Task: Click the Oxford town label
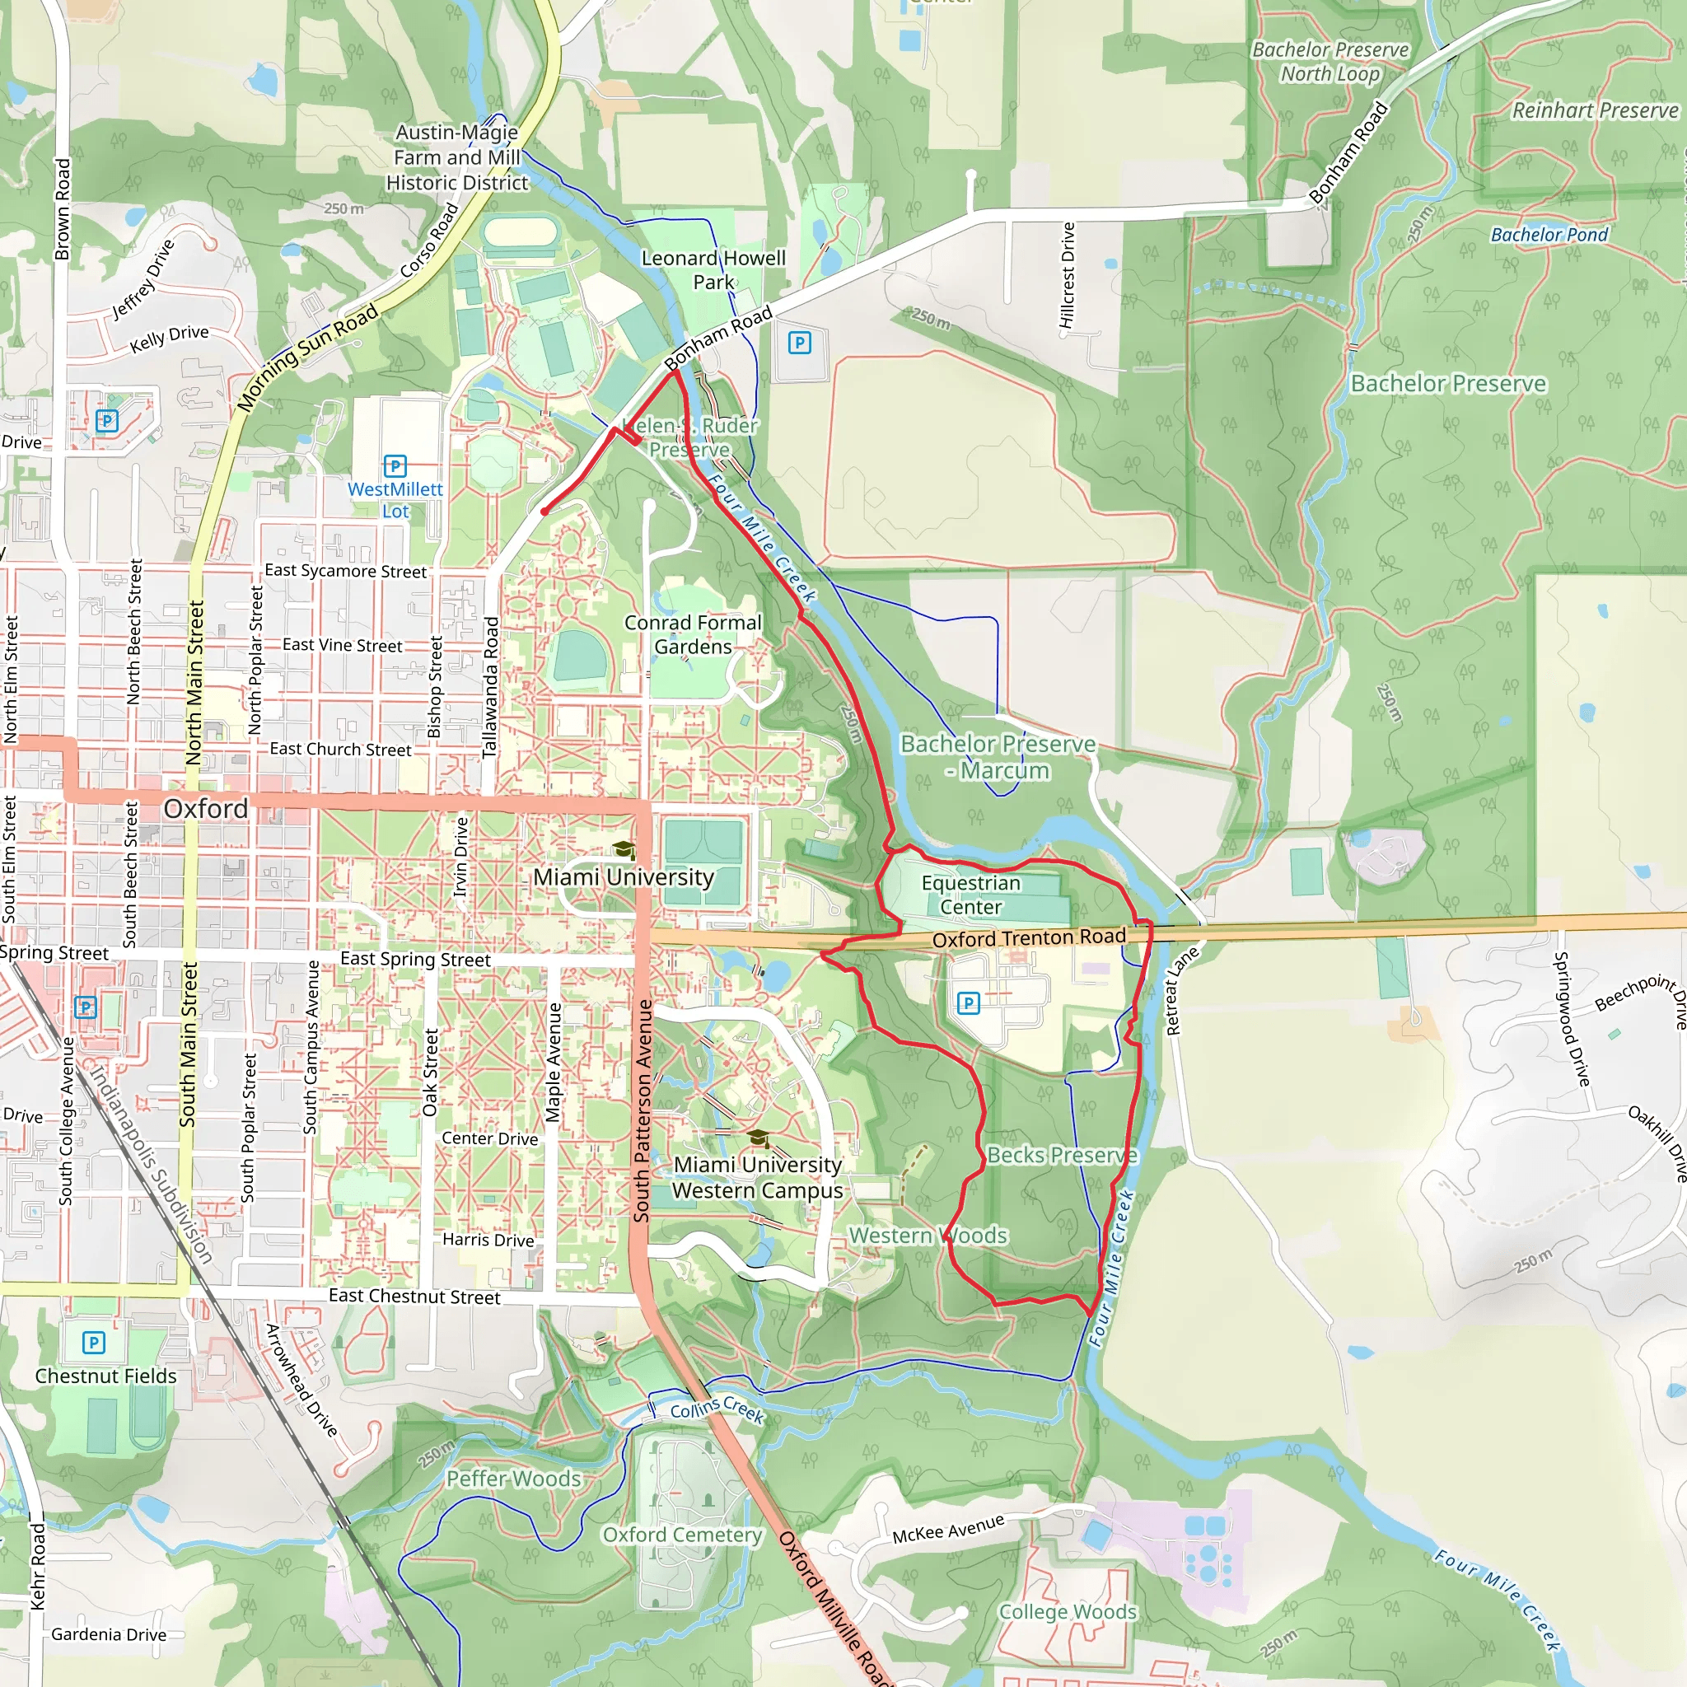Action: click(206, 809)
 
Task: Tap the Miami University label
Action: click(624, 876)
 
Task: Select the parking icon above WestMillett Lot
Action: click(395, 465)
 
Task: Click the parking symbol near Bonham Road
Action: click(799, 343)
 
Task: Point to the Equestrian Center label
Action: click(971, 894)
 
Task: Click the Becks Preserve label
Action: click(1062, 1155)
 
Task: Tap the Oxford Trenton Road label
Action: click(1029, 937)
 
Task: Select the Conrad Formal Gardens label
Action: click(693, 635)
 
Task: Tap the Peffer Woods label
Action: click(513, 1479)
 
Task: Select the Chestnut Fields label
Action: click(105, 1376)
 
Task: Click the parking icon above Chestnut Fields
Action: click(93, 1342)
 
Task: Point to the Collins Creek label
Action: click(717, 1409)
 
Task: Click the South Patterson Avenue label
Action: click(643, 1110)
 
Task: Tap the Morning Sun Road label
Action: click(307, 356)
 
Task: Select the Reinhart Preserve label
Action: click(1595, 111)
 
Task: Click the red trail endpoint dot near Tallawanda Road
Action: click(544, 512)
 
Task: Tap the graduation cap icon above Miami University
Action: click(623, 848)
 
